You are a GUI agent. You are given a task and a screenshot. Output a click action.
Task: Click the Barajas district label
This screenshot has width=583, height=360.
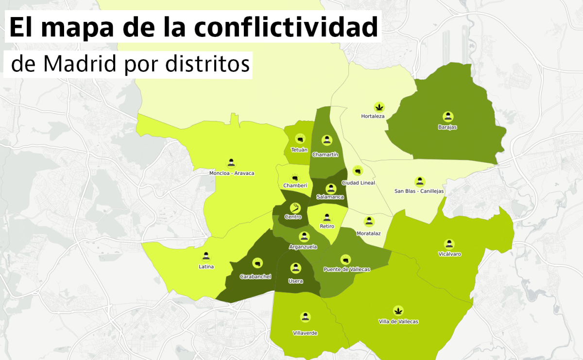pos(447,127)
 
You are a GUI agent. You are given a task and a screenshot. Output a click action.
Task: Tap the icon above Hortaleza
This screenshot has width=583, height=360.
pos(379,106)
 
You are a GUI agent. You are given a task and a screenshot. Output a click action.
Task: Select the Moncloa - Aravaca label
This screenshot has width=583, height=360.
pos(231,173)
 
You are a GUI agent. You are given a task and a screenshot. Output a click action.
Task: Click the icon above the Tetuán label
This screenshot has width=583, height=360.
pos(299,138)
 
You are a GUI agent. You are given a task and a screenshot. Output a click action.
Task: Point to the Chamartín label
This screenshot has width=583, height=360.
pos(325,154)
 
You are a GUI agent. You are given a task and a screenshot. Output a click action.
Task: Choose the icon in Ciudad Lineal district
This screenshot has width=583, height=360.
pos(358,171)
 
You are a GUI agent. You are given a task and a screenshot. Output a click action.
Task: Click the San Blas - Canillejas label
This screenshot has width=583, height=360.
pos(419,191)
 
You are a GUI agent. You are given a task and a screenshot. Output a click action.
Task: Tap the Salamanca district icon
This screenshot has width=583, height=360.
pos(331,188)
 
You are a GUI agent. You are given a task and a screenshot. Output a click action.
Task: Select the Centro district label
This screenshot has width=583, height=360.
pos(293,217)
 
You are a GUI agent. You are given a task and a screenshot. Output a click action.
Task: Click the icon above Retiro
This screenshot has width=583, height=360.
pos(327,217)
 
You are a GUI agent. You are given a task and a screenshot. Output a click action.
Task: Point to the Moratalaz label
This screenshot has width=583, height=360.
pos(368,233)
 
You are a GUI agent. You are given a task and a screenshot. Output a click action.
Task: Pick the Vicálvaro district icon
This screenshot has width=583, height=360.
pos(449,244)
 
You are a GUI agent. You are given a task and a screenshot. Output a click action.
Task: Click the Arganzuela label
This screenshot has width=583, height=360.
pos(303,247)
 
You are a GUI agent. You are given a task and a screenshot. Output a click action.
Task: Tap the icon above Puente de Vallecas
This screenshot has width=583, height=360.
pos(346,259)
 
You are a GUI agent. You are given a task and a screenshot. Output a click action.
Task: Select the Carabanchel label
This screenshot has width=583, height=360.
pos(256,276)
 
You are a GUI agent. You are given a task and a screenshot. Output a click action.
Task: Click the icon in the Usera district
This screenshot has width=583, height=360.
pos(295,268)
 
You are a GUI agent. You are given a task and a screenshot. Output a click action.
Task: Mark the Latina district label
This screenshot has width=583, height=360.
pos(206,266)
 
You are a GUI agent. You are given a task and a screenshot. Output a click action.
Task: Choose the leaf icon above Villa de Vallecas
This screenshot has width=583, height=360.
pos(398,310)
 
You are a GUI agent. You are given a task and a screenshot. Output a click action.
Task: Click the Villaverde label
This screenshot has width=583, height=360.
pos(305,333)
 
